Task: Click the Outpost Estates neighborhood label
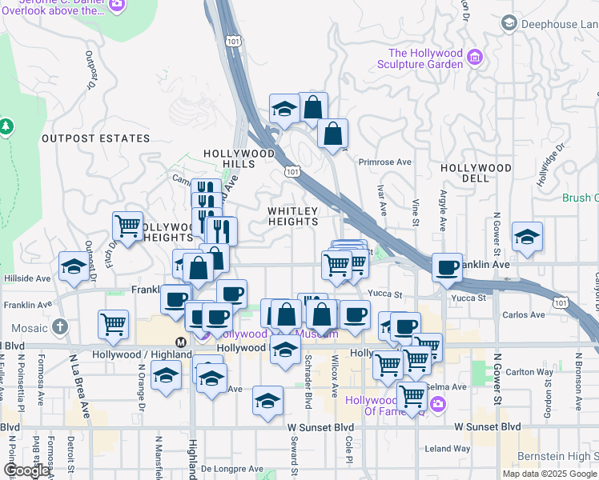point(95,138)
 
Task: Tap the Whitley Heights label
point(293,216)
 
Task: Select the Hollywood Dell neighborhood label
point(476,173)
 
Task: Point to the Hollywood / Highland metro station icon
point(181,342)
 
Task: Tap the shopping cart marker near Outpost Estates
point(128,226)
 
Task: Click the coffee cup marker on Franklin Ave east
point(448,266)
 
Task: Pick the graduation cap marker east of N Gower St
point(528,236)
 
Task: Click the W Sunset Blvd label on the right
point(488,427)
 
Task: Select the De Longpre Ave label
point(231,469)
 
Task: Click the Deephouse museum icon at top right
point(509,24)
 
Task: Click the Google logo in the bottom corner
point(26,470)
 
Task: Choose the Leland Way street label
point(448,449)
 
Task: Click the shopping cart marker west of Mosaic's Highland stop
point(114,324)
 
